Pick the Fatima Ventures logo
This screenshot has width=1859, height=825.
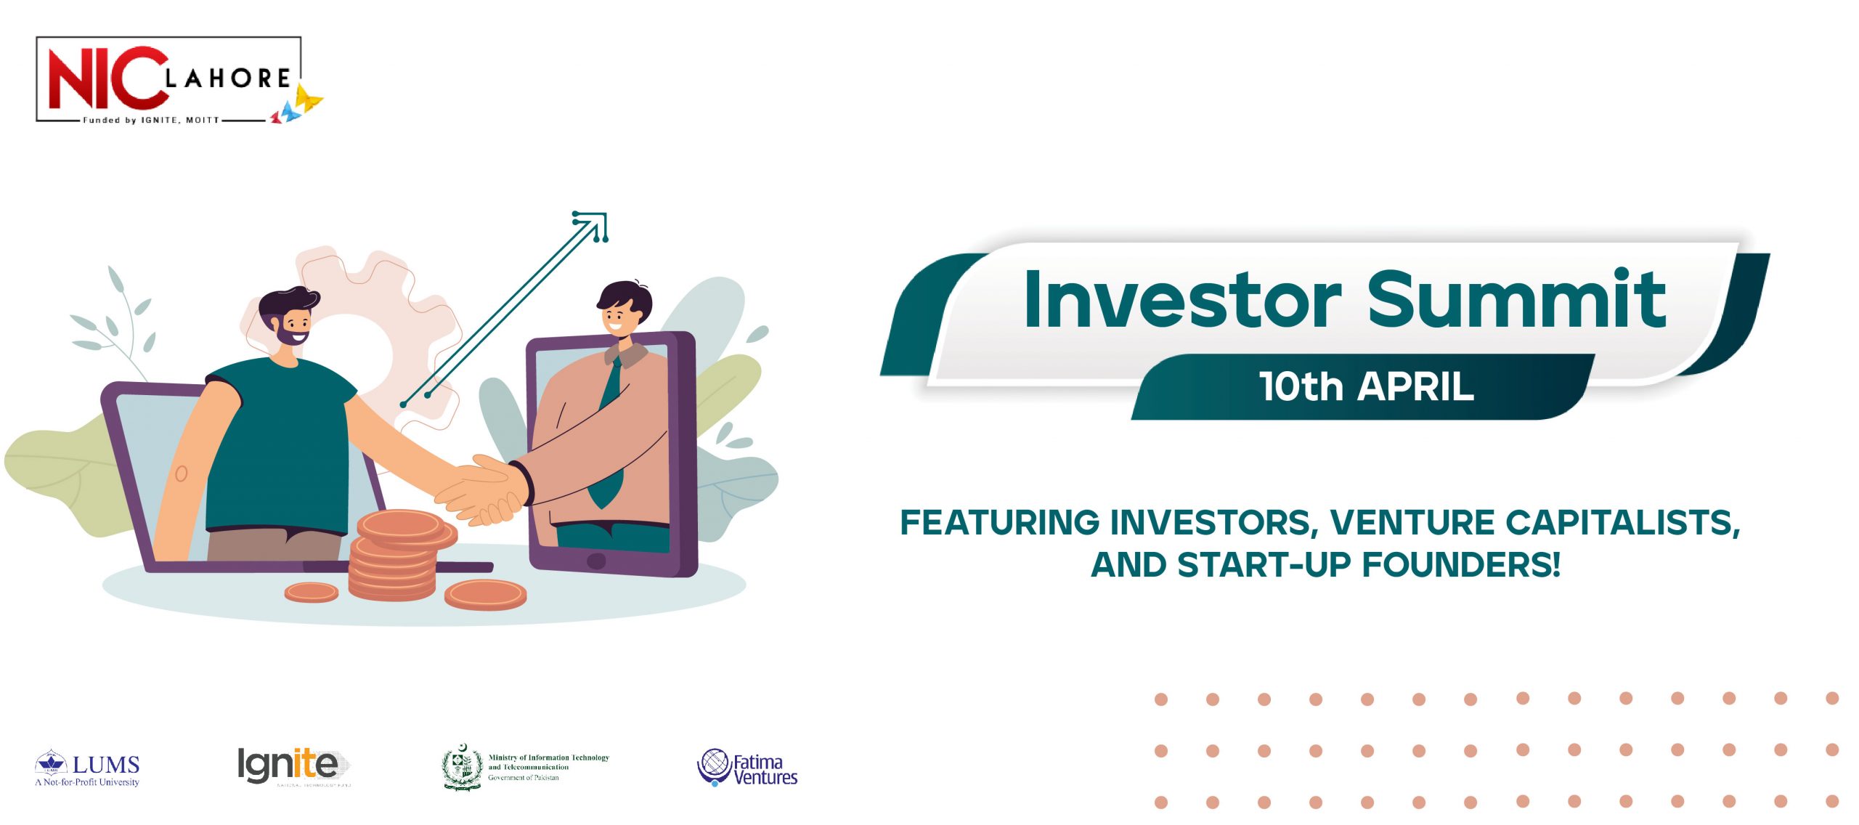coord(747,768)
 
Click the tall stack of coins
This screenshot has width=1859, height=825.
coord(396,559)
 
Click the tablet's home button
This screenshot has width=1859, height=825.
coord(595,561)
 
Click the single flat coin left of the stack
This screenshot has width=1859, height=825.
coord(311,593)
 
